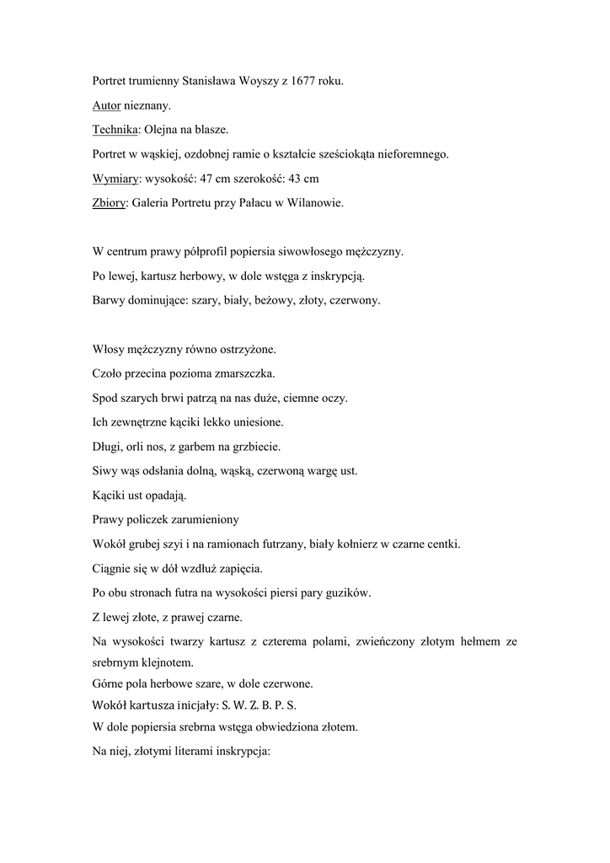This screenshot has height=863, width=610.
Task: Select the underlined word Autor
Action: click(x=106, y=106)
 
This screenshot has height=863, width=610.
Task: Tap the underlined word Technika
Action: click(x=115, y=131)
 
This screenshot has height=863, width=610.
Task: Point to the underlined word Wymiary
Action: click(x=115, y=179)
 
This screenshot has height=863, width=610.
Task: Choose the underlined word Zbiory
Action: click(x=108, y=203)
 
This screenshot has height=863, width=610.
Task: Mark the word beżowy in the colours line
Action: click(x=271, y=299)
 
